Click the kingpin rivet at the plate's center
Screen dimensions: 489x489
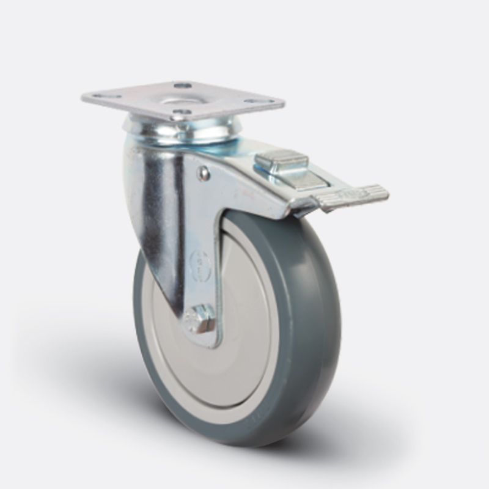pyautogui.click(x=182, y=98)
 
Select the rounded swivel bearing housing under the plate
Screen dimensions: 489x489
pyautogui.click(x=183, y=130)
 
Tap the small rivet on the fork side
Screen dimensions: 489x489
pyautogui.click(x=204, y=175)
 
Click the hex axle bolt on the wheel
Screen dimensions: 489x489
pyautogui.click(x=201, y=320)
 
